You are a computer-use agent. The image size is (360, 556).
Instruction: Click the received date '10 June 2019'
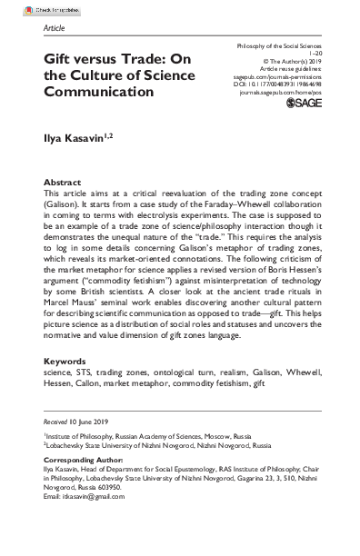[87, 422]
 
